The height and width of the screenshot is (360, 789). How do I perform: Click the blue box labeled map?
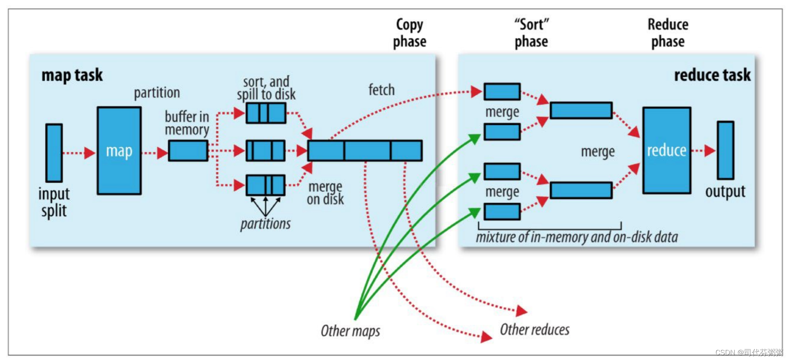tap(119, 151)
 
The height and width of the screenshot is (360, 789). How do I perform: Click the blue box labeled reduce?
tap(667, 150)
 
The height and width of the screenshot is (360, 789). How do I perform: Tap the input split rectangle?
tap(54, 153)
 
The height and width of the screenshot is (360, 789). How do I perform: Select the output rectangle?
tap(725, 150)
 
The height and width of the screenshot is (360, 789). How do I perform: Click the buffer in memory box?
tap(188, 151)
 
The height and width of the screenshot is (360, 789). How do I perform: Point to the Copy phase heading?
tap(410, 33)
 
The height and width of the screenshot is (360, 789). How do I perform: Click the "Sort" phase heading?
tap(531, 33)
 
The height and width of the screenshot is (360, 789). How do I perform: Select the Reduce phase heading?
tap(668, 33)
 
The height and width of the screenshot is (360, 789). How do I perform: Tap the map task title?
tap(72, 75)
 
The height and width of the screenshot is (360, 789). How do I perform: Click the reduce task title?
tap(712, 75)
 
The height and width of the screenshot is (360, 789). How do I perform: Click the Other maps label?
tap(350, 331)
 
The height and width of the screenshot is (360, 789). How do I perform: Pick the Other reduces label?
tap(535, 329)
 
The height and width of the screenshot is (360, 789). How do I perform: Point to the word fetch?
tap(381, 90)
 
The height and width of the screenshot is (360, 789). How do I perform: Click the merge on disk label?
tap(325, 193)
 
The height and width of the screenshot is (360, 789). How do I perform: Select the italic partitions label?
tap(266, 224)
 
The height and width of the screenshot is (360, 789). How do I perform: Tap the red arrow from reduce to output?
tap(704, 150)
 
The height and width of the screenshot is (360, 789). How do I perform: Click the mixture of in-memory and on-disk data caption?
tap(577, 237)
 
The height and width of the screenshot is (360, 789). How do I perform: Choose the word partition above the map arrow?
tap(157, 93)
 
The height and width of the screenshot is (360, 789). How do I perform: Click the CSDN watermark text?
tap(749, 352)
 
